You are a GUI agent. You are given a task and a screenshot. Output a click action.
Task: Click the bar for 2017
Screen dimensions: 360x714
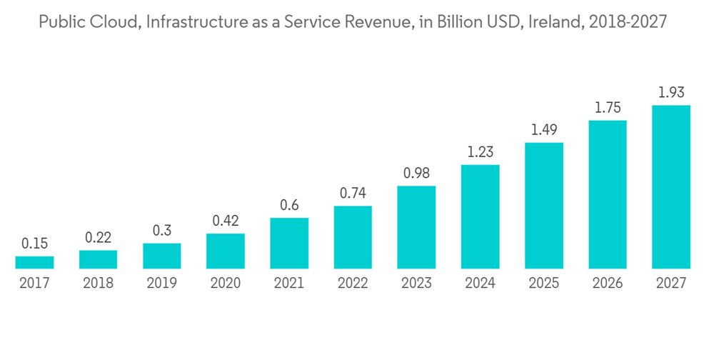click(x=34, y=262)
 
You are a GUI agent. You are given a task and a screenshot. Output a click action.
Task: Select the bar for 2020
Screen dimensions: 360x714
click(x=226, y=251)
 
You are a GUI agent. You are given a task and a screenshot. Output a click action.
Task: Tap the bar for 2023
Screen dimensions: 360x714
click(x=416, y=227)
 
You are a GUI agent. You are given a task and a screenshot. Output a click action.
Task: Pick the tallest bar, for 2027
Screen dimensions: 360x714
click(x=671, y=186)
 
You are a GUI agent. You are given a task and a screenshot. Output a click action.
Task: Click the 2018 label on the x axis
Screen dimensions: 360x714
click(x=98, y=284)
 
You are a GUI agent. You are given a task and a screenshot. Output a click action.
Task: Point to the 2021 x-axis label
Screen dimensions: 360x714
click(x=289, y=284)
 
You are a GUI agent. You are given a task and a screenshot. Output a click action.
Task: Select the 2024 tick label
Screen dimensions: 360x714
click(x=480, y=284)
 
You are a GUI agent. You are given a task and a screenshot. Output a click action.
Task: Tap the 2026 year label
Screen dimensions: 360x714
click(x=608, y=284)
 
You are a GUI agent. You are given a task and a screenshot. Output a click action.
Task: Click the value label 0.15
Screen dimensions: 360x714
click(x=34, y=244)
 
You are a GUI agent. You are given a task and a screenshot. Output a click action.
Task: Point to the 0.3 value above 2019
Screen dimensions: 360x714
click(x=162, y=231)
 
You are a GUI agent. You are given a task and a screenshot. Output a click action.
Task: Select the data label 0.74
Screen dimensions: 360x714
click(x=353, y=194)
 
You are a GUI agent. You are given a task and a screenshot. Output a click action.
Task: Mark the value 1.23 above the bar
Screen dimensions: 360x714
click(x=480, y=152)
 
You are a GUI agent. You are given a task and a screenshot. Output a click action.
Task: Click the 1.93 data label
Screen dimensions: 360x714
click(x=671, y=93)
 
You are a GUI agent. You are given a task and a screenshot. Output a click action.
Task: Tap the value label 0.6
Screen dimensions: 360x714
click(x=289, y=205)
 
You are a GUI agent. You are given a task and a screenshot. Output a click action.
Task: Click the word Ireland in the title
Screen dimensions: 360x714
click(x=553, y=22)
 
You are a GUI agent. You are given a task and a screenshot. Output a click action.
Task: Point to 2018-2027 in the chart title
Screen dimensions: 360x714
click(x=626, y=22)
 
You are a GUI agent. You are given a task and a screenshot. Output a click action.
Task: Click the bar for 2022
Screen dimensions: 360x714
click(x=353, y=237)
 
